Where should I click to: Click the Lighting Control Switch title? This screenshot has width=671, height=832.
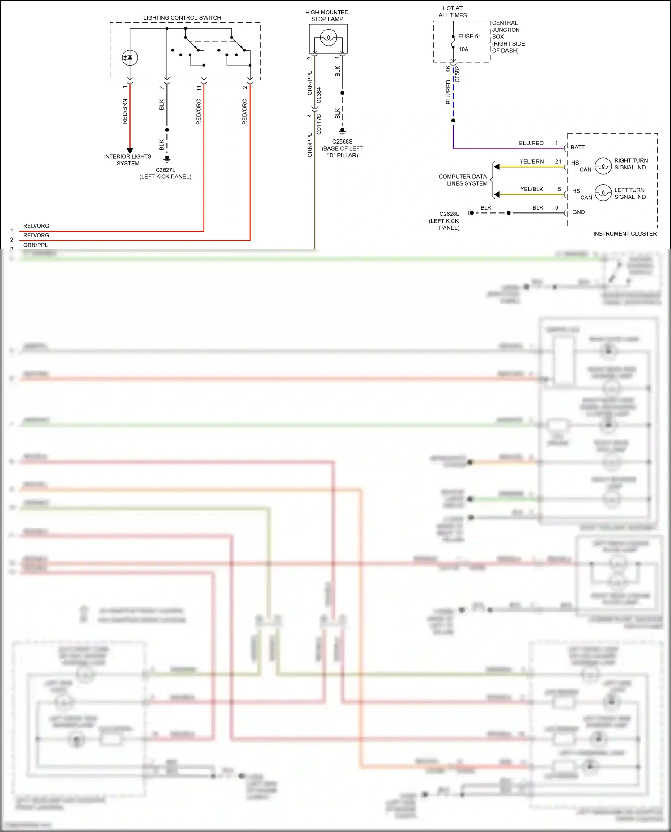182,18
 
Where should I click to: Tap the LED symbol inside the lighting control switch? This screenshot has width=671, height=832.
130,58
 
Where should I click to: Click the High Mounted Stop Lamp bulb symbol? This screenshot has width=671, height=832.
328,38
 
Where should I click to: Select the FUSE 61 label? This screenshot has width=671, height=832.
469,36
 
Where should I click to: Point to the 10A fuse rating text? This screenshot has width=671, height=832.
463,49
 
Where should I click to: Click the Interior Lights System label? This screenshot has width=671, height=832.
128,160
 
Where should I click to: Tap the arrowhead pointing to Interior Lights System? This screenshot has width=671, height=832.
130,151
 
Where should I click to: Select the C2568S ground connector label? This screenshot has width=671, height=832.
342,142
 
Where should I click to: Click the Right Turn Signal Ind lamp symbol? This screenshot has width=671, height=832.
603,166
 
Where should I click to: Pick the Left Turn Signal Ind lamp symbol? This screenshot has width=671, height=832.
603,193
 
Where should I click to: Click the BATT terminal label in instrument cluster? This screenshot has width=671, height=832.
578,147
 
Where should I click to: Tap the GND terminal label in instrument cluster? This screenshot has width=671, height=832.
578,212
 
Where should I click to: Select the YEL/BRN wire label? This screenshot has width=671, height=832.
531,161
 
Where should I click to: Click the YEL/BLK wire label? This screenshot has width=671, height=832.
531,189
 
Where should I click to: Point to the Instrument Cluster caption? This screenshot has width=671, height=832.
624,233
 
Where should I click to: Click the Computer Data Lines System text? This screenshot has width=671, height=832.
463,180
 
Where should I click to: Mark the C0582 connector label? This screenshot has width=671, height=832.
458,74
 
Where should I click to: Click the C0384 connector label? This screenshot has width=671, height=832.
319,95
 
